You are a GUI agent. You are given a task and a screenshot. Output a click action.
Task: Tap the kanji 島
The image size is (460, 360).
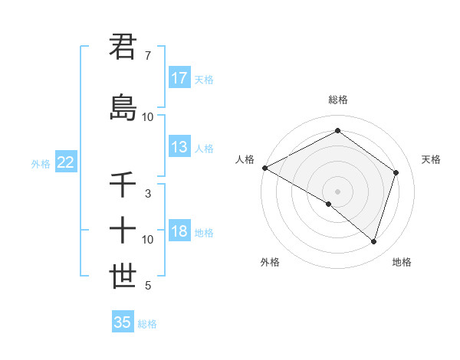coord(123,107)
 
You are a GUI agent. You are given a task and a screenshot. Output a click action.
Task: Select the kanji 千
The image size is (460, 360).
coord(123,185)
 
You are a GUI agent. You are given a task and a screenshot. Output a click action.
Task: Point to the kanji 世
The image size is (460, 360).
coord(123,277)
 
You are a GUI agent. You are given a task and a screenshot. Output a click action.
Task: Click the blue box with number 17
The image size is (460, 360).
coord(179,78)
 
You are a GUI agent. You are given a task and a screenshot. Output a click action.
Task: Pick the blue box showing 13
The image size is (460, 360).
coord(179,147)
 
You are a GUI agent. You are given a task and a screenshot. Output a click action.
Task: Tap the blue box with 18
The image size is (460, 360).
coord(179,232)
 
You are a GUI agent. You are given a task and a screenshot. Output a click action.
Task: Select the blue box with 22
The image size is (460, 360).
coord(66,162)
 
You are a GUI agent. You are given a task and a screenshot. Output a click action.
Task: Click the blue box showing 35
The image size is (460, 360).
coord(123,322)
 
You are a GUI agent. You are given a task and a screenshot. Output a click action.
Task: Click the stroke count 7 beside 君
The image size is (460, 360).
coord(148,56)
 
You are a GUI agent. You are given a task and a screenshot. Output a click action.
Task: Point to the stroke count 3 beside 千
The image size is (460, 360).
coord(148,195)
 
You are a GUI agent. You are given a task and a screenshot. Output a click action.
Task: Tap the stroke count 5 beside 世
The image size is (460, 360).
coord(148,286)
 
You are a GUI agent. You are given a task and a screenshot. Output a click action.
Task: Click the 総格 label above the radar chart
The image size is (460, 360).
coord(337,100)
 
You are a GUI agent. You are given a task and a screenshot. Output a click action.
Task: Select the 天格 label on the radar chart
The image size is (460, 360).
coord(431,159)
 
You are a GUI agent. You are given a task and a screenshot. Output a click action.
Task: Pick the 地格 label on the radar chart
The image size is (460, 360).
coord(402,262)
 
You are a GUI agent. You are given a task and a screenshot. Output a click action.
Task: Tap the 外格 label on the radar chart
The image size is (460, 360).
coord(270,262)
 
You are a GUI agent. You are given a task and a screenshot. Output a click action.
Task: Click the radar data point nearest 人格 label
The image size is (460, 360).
coord(264,168)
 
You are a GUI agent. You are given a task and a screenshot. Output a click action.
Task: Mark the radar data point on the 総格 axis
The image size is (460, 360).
coord(337,130)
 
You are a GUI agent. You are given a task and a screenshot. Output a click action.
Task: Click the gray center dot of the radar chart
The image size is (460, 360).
coord(337,191)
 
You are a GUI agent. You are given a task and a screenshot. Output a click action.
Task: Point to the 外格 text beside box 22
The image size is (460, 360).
coord(41,163)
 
